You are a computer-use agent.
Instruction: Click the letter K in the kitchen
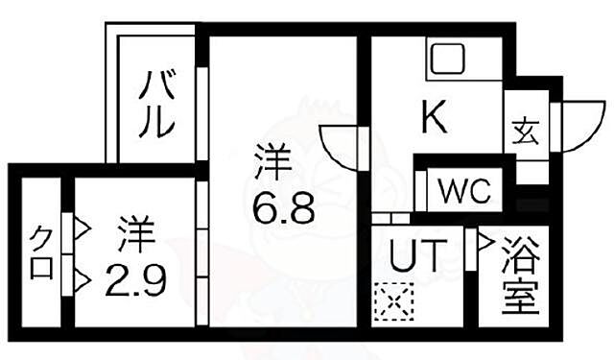435,119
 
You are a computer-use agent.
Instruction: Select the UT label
418,256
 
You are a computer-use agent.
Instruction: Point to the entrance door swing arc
579,126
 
